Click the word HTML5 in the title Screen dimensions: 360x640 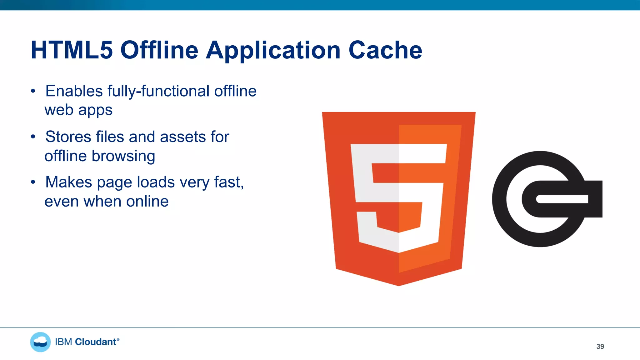72,50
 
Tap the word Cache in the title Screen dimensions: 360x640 385,50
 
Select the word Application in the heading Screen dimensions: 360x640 273,51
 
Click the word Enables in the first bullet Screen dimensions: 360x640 74,91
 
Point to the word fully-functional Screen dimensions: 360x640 158,91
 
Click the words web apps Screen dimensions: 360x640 78,110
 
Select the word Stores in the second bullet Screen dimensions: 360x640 68,137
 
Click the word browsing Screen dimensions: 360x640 123,156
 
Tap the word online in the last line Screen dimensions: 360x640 147,202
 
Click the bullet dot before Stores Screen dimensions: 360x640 33,137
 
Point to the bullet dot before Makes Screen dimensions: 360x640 33,182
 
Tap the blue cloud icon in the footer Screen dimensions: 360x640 40,342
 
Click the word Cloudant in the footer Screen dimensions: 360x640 96,342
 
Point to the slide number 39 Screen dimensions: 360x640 600,347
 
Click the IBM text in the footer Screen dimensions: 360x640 63,342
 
